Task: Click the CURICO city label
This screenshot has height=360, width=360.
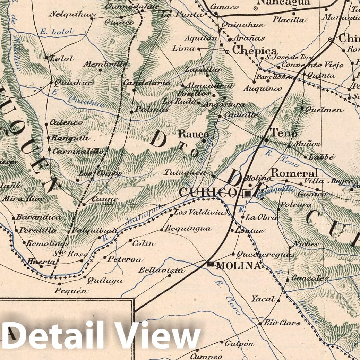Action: click(207, 192)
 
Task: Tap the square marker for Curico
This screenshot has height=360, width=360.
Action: click(247, 194)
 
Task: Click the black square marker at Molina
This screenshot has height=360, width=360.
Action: click(210, 264)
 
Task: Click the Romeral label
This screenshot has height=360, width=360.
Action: click(294, 173)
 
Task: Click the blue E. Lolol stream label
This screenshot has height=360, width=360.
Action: click(57, 32)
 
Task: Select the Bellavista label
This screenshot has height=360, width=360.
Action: click(162, 270)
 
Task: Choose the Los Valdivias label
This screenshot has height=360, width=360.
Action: click(200, 212)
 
